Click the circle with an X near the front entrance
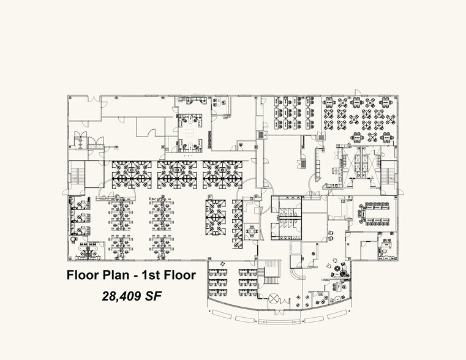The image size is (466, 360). (274, 299)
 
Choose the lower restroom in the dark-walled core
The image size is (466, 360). (285, 230)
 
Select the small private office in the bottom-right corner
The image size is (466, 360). (386, 249)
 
